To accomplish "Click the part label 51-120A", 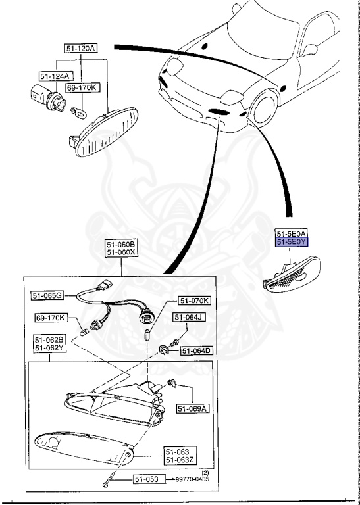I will pyautogui.click(x=80, y=49).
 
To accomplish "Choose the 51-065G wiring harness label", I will pyautogui.click(x=47, y=295).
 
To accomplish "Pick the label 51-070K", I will pyautogui.click(x=195, y=301).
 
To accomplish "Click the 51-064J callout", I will pyautogui.click(x=189, y=318).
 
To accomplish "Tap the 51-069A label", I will pyautogui.click(x=192, y=408).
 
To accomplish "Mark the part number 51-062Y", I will pyautogui.click(x=50, y=349).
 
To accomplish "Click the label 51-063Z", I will pyautogui.click(x=180, y=460).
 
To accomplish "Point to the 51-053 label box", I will pyautogui.click(x=149, y=479).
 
